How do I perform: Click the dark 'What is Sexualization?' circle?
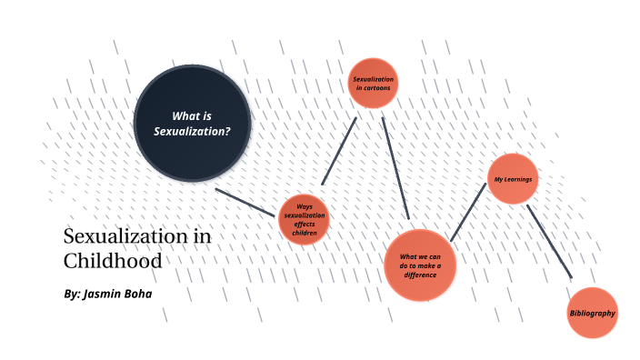(x=192, y=123)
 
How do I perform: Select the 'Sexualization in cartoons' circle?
(x=374, y=83)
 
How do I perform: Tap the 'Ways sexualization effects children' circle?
(x=304, y=220)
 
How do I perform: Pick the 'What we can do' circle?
(x=419, y=265)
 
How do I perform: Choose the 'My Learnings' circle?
(x=513, y=179)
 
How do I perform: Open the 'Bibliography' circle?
(x=592, y=313)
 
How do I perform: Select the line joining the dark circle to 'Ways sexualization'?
(x=245, y=202)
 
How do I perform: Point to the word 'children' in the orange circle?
(x=305, y=234)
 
